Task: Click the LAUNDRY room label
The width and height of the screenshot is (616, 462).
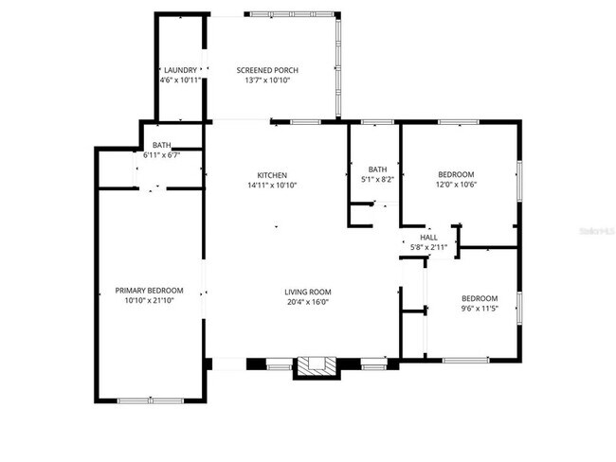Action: coord(180,70)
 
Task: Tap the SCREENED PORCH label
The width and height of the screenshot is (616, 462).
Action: coord(266,70)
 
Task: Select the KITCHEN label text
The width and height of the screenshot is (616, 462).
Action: coord(272,175)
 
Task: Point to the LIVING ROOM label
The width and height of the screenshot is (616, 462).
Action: coord(307,292)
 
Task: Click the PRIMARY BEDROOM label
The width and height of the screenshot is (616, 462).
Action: coord(149,291)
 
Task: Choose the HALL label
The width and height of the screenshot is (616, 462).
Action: coord(429,237)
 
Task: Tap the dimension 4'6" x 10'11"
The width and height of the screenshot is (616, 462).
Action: coord(180,80)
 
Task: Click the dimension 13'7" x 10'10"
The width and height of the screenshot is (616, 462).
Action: coord(266,80)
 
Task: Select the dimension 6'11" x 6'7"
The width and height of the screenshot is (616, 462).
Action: coord(161,154)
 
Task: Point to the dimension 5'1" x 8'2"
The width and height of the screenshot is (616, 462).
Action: coord(377,180)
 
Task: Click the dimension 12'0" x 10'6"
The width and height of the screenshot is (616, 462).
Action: coord(457,185)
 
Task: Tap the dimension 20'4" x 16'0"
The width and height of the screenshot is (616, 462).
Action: coord(307,303)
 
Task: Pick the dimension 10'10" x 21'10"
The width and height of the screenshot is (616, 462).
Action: coord(149,301)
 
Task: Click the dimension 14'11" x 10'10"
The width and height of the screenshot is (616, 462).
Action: coord(272,186)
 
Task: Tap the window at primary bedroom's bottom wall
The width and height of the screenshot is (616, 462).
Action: coord(146,400)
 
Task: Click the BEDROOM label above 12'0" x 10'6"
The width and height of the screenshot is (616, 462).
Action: coord(457,174)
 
